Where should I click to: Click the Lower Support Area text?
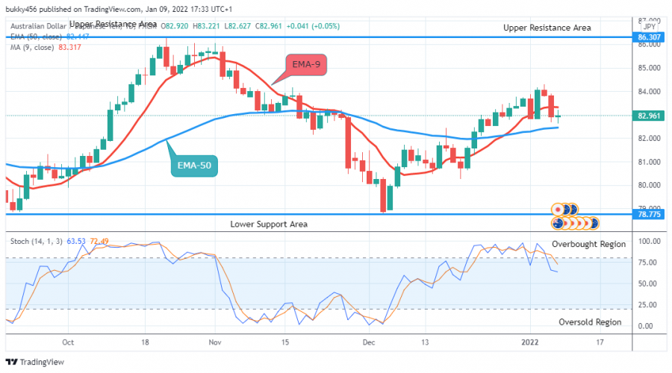269,224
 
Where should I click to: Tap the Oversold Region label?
590,322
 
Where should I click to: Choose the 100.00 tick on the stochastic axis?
647,242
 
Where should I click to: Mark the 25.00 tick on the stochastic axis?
647,305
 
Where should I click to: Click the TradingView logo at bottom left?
35,362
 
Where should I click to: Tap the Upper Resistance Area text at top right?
547,28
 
